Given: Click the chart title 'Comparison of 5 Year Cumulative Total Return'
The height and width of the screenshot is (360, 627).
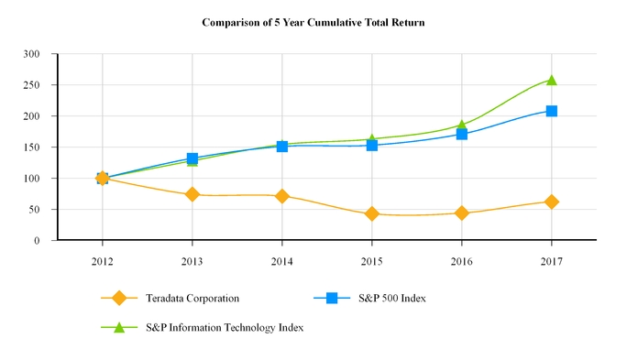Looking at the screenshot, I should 313,20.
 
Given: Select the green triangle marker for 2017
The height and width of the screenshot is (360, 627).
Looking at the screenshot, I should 551,80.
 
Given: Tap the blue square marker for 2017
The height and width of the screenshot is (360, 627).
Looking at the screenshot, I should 551,111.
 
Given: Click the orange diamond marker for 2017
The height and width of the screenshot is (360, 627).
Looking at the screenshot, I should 551,202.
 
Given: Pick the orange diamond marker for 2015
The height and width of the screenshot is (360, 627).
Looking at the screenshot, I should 371,213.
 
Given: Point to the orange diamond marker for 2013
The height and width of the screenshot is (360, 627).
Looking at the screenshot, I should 192,194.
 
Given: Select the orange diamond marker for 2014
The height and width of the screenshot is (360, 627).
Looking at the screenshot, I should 281,196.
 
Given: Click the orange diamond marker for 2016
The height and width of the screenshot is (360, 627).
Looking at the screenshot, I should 461,213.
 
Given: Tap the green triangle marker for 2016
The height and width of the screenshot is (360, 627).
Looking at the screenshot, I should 461,125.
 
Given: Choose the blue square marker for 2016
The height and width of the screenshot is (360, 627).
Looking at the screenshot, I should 461,134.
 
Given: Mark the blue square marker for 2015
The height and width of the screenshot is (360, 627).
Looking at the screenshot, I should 371,145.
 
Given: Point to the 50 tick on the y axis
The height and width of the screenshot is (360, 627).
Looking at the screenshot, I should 41,210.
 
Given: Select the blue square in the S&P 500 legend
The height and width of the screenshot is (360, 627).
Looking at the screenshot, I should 332,298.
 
